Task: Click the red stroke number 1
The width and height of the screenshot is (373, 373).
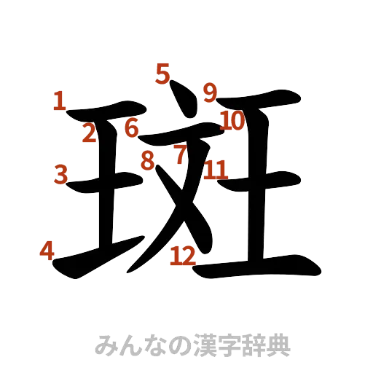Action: [x=59, y=100]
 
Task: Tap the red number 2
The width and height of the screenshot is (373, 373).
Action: [x=89, y=133]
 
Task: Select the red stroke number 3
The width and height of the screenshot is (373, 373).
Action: [x=61, y=173]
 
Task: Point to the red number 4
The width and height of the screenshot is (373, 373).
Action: [x=47, y=252]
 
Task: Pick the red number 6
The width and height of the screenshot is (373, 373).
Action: [x=131, y=128]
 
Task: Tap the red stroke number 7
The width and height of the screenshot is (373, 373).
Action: [x=180, y=154]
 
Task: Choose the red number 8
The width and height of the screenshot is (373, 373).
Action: [x=149, y=160]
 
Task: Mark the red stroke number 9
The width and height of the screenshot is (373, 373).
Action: [x=210, y=93]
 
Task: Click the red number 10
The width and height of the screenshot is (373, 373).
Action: [x=232, y=120]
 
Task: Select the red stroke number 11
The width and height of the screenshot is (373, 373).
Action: [x=216, y=170]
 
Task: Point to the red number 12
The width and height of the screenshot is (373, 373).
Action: [x=182, y=255]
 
